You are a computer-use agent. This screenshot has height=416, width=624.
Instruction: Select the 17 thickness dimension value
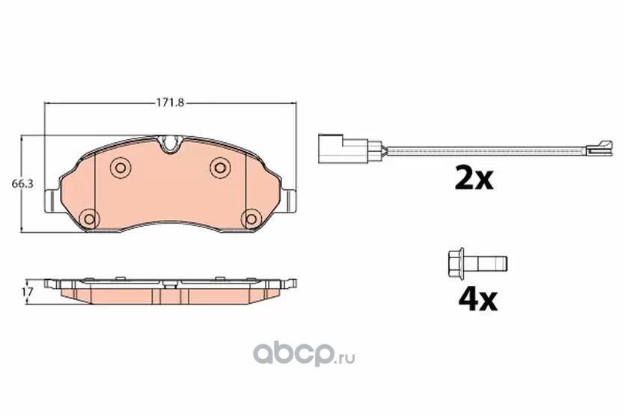[27, 291]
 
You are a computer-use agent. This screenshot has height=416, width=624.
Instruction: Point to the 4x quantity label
[477, 300]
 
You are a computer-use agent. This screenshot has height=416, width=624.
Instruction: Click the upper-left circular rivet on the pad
[120, 167]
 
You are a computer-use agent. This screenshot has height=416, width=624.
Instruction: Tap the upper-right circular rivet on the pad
[220, 167]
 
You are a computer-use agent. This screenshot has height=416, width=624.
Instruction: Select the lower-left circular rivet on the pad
[89, 218]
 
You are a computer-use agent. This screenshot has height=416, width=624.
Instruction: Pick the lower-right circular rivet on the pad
[251, 218]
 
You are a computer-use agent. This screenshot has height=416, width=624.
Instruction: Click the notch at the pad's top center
[170, 144]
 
